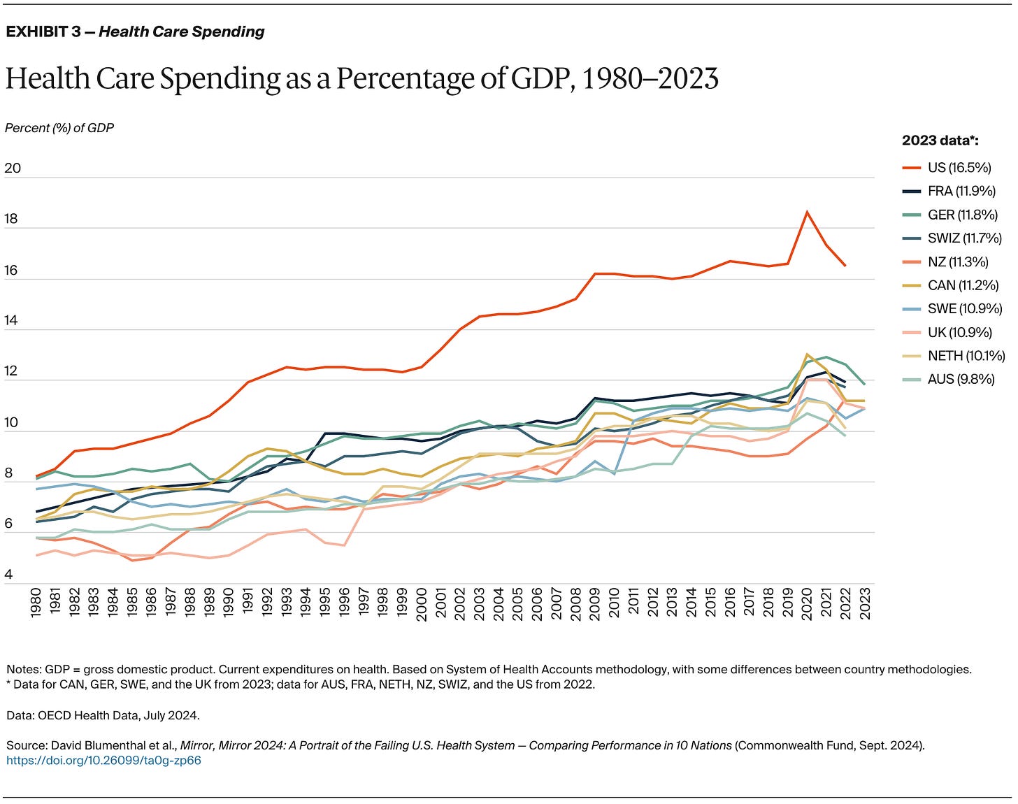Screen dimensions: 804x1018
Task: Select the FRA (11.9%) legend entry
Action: tap(961, 192)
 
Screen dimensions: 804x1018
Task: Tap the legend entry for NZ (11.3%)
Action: tap(958, 262)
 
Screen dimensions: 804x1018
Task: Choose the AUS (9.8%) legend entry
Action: tap(961, 380)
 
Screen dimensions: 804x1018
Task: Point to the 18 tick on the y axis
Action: tap(13, 220)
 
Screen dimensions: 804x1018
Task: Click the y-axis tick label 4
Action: tap(8, 575)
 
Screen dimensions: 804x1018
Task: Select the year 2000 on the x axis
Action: tap(422, 602)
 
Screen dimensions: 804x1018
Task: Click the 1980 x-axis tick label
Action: tap(36, 602)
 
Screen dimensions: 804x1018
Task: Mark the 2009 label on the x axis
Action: tap(595, 602)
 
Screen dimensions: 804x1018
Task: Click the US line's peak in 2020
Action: tap(807, 212)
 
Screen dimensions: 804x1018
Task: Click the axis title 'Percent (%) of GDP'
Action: tap(59, 128)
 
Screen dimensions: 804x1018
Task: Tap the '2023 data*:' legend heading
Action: tap(940, 141)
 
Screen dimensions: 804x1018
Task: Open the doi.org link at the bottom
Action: tap(103, 760)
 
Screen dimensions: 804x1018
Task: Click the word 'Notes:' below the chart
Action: tap(22, 669)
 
